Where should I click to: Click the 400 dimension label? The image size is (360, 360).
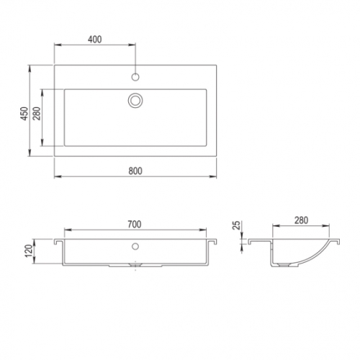95,40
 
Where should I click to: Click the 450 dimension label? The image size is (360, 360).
24,114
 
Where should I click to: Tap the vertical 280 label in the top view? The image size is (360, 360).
37,114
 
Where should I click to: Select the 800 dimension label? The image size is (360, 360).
135,171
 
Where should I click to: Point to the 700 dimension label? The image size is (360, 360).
135,224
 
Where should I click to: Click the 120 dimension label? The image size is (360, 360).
29,251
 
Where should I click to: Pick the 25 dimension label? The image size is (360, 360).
237,225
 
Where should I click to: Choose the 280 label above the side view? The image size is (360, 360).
301,220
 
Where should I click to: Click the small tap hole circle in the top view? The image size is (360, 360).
135,77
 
